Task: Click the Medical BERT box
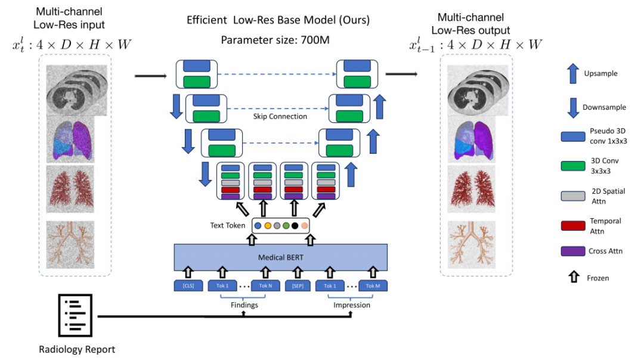click(x=280, y=258)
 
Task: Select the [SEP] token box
click(x=297, y=285)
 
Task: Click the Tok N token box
click(x=265, y=285)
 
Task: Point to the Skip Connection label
click(x=280, y=116)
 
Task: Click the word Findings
click(x=244, y=305)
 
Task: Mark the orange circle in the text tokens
click(x=268, y=226)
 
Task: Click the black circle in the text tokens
click(x=295, y=226)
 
